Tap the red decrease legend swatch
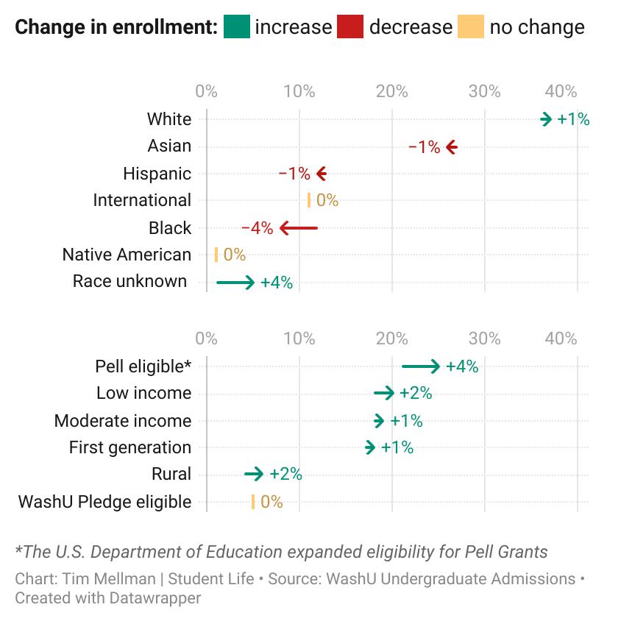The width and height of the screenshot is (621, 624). (350, 27)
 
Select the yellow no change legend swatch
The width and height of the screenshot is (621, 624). (471, 27)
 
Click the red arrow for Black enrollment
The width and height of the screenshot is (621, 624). (298, 228)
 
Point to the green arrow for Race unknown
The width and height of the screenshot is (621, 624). (235, 282)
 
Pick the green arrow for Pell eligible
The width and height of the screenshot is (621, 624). (421, 366)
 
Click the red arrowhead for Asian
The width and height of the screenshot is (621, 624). (451, 147)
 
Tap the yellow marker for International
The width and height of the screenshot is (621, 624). (309, 200)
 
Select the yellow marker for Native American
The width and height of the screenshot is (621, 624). (216, 255)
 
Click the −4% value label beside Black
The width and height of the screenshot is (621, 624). (258, 228)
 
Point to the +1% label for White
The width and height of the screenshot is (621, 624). (573, 119)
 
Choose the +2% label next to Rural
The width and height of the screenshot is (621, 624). (285, 474)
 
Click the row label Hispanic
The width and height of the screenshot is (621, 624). (157, 174)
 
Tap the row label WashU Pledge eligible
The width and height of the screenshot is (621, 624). (104, 502)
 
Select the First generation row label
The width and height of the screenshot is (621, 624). (130, 447)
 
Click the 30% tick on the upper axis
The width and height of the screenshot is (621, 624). (484, 91)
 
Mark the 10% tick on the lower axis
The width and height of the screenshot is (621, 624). (299, 338)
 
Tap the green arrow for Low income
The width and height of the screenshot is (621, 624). (384, 394)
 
